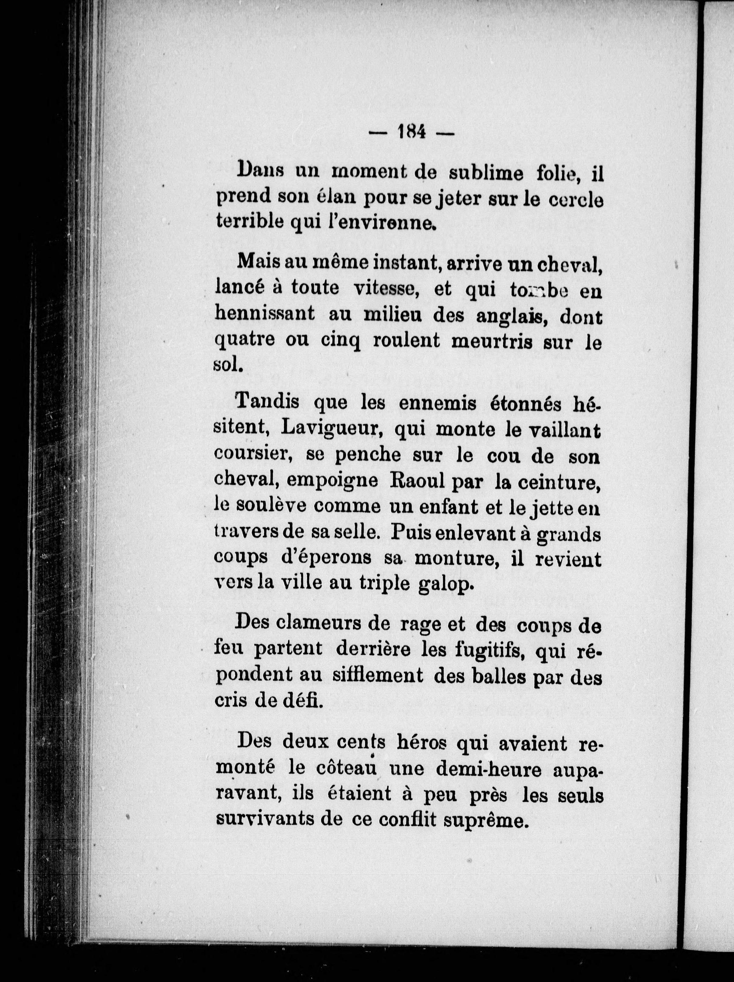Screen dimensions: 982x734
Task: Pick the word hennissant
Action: click(265, 314)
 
